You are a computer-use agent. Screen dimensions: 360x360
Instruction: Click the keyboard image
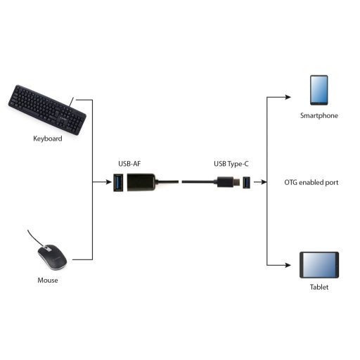click(47, 108)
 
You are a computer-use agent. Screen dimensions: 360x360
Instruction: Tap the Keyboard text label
click(48, 139)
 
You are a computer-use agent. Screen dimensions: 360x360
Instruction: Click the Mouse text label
click(48, 281)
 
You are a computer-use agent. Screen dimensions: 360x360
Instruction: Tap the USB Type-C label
click(231, 164)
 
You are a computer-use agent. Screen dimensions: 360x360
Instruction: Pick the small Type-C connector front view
click(247, 183)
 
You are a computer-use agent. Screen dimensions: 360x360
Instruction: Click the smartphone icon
click(319, 90)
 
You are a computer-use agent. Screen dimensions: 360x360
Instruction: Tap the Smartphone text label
click(319, 115)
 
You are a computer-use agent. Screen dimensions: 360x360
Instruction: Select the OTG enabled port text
click(311, 182)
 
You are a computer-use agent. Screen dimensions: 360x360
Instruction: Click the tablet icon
click(319, 265)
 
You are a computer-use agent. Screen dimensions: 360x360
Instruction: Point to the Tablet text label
click(319, 287)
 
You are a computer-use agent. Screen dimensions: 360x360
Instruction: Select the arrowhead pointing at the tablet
click(289, 265)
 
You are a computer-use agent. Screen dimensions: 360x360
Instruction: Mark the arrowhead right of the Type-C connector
click(264, 183)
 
